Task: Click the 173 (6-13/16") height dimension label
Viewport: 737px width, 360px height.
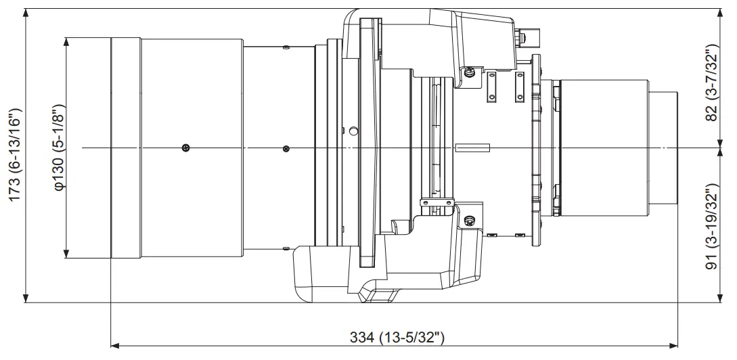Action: [15, 155]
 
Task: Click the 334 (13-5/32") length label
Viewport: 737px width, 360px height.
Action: [397, 336]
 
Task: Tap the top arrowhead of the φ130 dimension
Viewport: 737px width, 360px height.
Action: [66, 41]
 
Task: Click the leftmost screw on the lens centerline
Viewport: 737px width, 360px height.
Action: [185, 148]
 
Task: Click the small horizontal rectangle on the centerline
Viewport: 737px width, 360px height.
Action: [472, 147]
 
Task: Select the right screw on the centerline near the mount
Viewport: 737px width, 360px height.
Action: [286, 148]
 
